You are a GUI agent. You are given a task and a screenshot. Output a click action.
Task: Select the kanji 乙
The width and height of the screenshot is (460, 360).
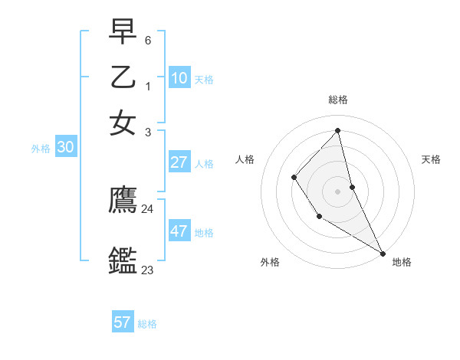123,77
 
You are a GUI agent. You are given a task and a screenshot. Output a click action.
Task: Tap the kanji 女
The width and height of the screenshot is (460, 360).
123,123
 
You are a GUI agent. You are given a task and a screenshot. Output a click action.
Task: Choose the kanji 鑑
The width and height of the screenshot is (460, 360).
123,260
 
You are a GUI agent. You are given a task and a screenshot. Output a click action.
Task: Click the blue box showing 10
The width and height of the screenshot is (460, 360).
179,77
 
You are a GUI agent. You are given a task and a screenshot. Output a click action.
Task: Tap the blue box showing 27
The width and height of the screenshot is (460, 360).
179,162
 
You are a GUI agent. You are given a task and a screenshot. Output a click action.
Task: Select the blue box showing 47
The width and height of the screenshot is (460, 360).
179,231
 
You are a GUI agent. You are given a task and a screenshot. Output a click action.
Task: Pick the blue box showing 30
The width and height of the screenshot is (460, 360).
65,148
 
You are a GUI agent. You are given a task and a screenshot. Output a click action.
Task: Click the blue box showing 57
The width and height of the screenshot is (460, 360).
123,322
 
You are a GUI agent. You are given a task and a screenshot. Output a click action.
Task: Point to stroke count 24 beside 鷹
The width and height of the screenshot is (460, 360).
147,208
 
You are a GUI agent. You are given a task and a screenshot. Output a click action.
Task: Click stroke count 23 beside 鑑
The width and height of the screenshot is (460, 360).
147,270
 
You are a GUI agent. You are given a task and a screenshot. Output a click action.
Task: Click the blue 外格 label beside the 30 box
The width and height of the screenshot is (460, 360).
41,149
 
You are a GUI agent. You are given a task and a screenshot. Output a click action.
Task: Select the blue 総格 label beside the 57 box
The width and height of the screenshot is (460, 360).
147,323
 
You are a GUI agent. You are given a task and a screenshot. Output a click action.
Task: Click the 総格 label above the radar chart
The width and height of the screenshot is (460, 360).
337,100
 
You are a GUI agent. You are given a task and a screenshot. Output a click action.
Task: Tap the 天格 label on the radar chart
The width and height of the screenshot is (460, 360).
431,159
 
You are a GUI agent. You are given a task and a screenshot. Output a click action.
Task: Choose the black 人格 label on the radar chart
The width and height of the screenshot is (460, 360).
245,159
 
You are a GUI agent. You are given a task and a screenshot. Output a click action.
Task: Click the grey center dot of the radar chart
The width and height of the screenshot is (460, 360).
337,191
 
